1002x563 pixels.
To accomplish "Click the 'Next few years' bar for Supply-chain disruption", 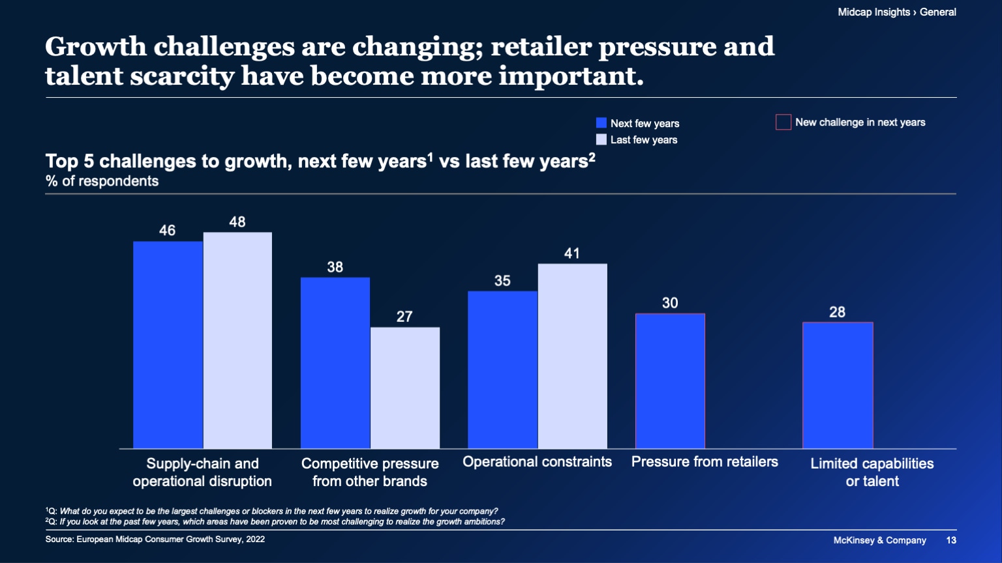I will [x=168, y=345].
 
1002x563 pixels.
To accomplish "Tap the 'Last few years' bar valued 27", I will [x=405, y=388].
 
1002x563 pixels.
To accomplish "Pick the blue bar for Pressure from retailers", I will [x=670, y=381].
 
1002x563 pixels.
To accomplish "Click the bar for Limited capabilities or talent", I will [x=838, y=385].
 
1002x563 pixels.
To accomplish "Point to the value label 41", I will [x=572, y=253].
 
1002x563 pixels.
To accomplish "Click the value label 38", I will [x=335, y=267].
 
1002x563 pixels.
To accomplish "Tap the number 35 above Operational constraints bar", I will [x=502, y=281].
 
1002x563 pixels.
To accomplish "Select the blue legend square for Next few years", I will [x=601, y=123].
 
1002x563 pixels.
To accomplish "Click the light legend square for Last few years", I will [x=601, y=139].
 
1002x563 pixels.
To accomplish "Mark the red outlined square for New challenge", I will [x=783, y=123].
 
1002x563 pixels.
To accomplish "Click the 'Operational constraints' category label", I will [x=537, y=462].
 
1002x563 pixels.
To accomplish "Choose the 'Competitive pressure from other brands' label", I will [x=370, y=472].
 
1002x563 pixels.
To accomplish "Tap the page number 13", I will [x=951, y=540].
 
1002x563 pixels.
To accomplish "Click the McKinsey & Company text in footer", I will [x=879, y=540].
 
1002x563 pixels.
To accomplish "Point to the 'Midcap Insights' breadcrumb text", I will [x=873, y=12].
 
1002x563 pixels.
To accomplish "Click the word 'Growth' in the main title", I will [x=96, y=47].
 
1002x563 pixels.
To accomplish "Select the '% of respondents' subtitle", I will [x=102, y=181].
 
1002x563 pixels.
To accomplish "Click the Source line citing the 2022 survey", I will [x=155, y=539].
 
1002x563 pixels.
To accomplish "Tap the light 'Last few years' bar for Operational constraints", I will [x=572, y=356].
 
